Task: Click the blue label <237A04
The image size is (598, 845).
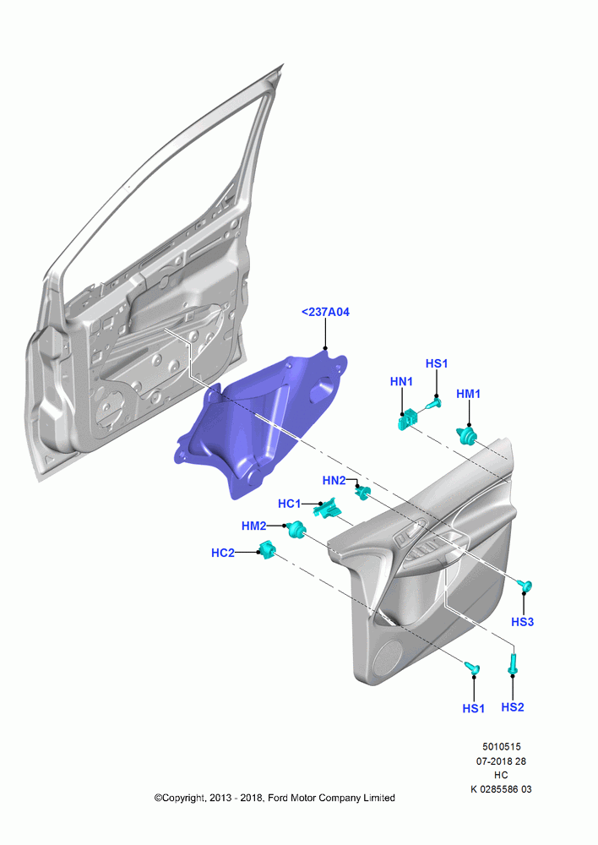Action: click(325, 312)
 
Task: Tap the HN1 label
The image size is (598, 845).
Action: click(401, 382)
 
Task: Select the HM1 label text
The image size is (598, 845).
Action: click(468, 394)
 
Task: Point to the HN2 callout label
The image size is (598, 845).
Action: click(334, 480)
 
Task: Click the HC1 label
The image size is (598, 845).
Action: click(290, 504)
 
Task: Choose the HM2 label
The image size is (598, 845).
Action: click(253, 526)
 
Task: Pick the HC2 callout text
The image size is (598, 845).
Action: click(223, 553)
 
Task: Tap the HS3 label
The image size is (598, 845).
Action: click(522, 622)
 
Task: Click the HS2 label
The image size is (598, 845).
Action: click(513, 707)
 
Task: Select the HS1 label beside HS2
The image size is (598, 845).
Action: click(474, 709)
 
